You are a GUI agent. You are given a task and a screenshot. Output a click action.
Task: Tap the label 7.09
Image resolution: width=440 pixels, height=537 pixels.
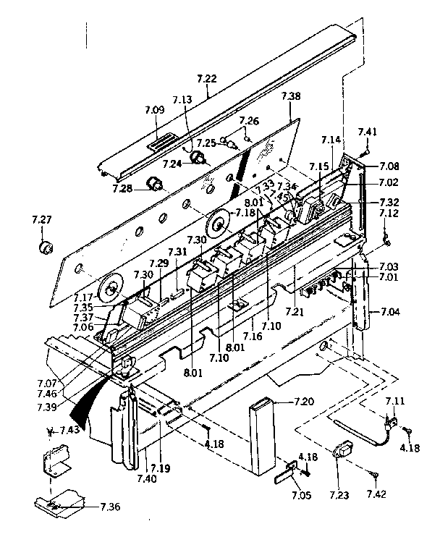155,111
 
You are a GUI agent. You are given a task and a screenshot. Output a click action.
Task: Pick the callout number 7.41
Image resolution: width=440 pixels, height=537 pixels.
368,132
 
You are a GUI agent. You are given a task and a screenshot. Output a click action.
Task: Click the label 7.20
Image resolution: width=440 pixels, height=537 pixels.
305,401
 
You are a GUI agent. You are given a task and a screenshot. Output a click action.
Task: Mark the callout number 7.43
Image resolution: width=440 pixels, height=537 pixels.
69,431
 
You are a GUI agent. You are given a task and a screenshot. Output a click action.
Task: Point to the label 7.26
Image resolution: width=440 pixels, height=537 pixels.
249,120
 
